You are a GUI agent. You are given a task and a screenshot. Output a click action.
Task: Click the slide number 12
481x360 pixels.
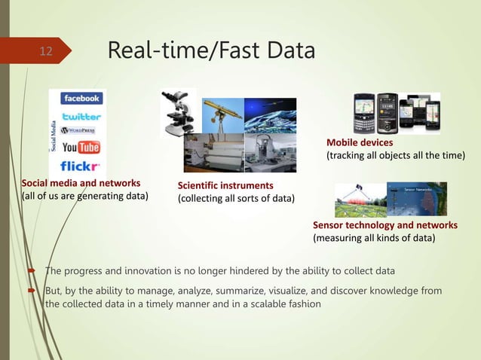coord(46,51)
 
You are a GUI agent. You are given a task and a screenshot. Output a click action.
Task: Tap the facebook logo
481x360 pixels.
coord(82,99)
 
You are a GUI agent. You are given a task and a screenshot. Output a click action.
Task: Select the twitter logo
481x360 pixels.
coord(82,116)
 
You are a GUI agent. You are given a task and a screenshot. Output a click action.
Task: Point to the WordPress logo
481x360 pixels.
coord(82,132)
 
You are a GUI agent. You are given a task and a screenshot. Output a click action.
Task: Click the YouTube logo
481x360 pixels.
coord(81,148)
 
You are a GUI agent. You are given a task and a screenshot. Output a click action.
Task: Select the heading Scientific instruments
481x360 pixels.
coord(225,185)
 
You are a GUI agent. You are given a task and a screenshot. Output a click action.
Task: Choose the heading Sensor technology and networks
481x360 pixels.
coord(384,225)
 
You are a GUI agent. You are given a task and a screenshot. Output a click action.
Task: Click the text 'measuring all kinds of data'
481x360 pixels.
coord(373,239)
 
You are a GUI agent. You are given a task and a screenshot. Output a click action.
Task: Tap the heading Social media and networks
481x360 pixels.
coord(81,183)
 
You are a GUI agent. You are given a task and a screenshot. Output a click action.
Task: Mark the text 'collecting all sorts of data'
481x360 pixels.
coord(236,199)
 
